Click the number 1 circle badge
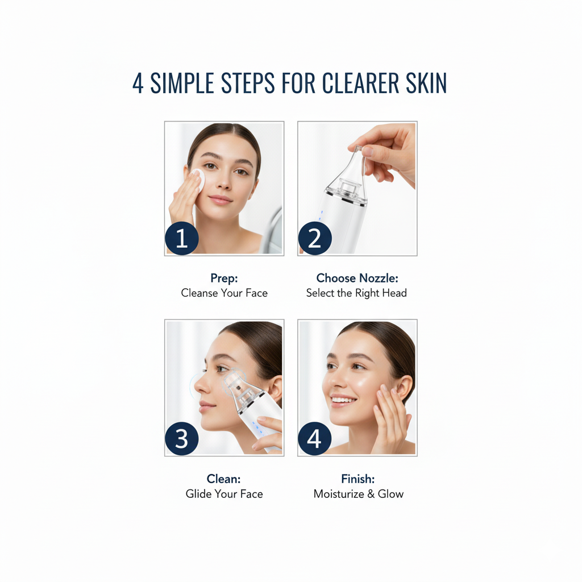(x=181, y=238)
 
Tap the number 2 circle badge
(x=315, y=238)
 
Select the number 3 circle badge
(x=181, y=438)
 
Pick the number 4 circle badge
(x=315, y=438)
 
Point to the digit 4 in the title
(x=138, y=83)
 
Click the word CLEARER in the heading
(x=360, y=83)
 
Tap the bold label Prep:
(x=224, y=278)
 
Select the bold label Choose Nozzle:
(x=357, y=278)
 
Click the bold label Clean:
(x=223, y=479)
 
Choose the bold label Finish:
(x=358, y=479)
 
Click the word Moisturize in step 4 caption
(x=339, y=494)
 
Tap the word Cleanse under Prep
(x=199, y=293)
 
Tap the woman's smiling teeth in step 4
(x=343, y=400)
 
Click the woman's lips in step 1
(x=221, y=199)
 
